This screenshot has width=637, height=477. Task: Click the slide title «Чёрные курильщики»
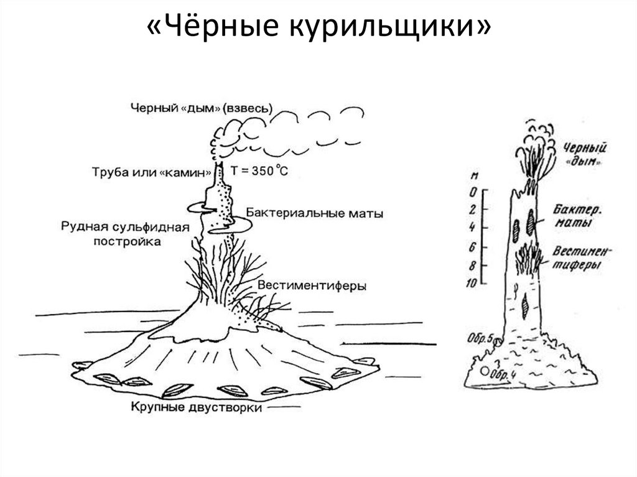pyautogui.click(x=318, y=28)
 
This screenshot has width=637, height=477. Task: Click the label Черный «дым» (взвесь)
pyautogui.click(x=202, y=107)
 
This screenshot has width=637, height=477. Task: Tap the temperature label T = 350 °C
pyautogui.click(x=259, y=172)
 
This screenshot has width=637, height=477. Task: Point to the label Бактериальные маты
pyautogui.click(x=315, y=213)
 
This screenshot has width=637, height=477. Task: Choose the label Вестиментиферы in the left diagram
pyautogui.click(x=312, y=285)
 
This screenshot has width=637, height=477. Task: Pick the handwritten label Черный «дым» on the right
pyautogui.click(x=584, y=154)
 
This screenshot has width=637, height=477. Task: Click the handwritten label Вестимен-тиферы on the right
pyautogui.click(x=581, y=257)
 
